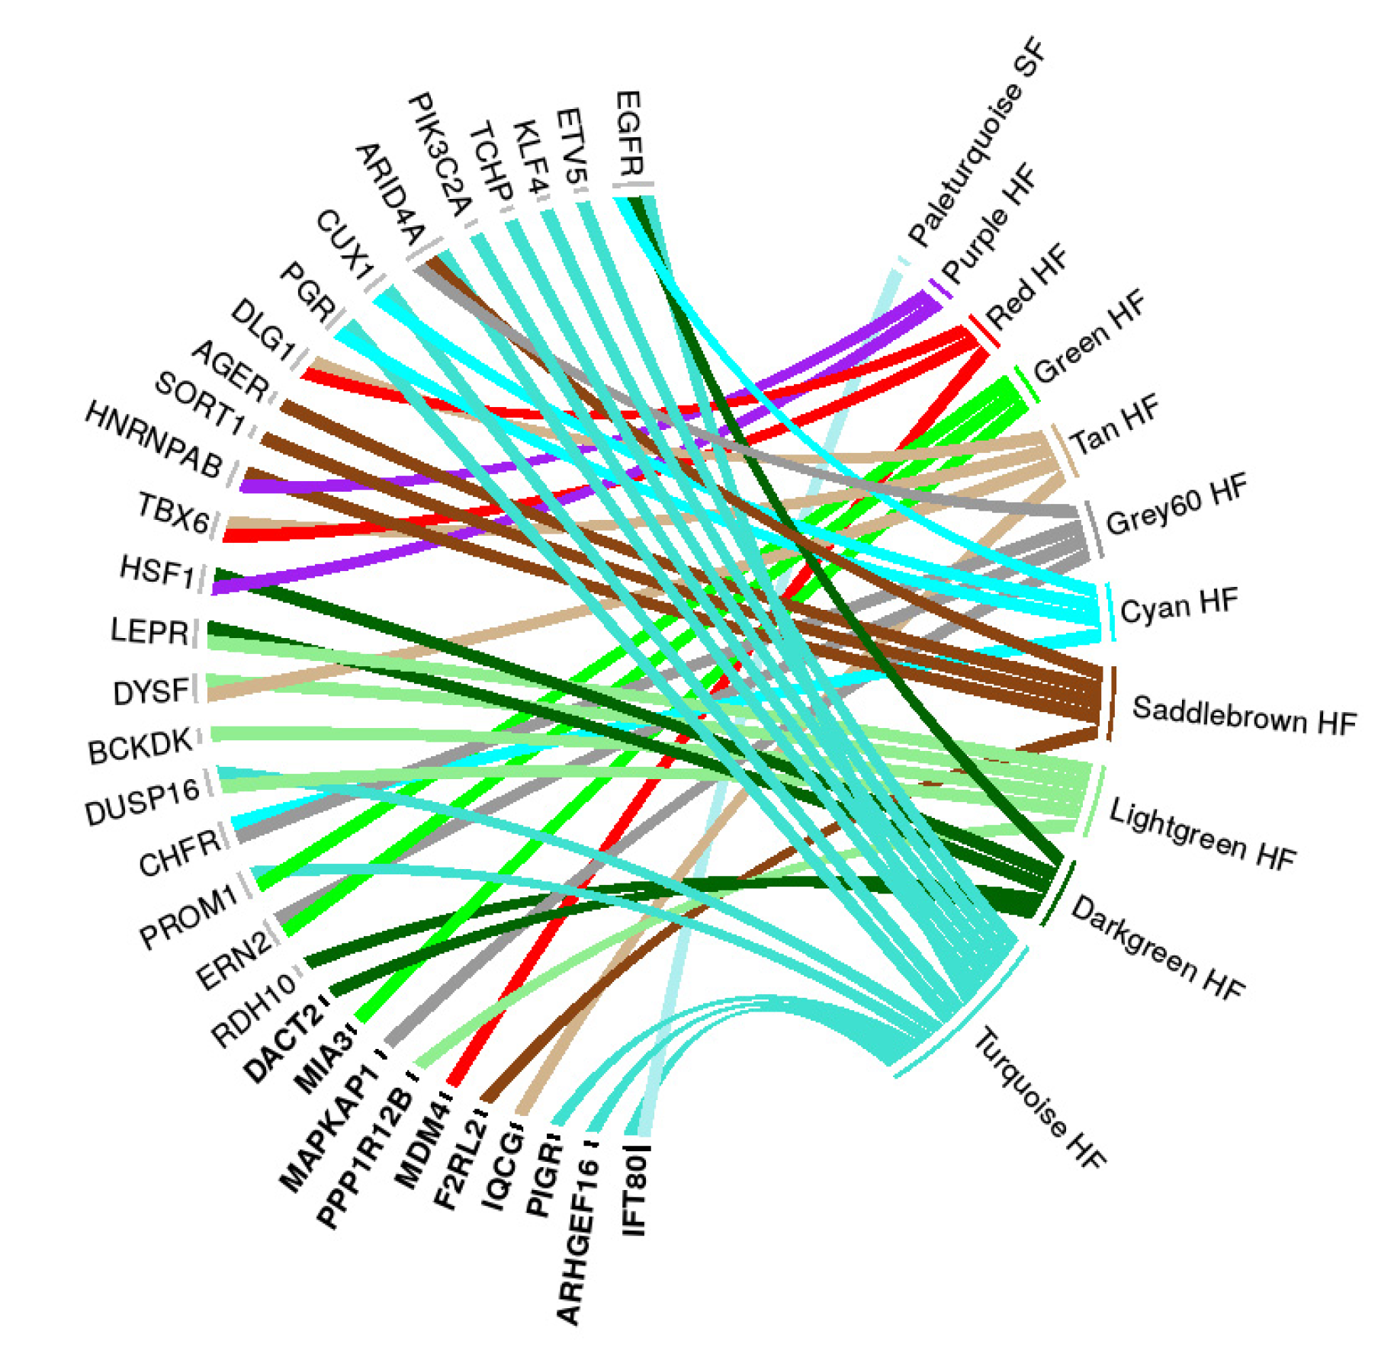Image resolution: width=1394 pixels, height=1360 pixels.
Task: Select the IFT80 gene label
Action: [x=634, y=1193]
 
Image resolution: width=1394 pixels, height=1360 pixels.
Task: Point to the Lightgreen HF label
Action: [x=1202, y=835]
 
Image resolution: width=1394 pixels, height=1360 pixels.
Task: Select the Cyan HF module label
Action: [x=1178, y=606]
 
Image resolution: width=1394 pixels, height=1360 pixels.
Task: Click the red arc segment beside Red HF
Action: [x=983, y=332]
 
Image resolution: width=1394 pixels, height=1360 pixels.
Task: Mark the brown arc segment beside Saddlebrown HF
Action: [x=1112, y=703]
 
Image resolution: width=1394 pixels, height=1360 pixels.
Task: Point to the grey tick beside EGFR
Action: [x=633, y=185]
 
